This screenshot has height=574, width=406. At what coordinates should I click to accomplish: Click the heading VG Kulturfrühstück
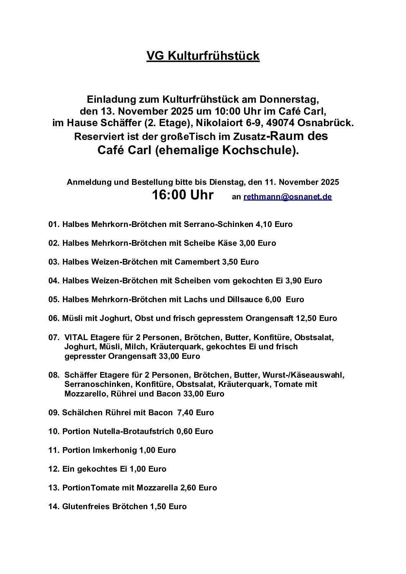point(203,56)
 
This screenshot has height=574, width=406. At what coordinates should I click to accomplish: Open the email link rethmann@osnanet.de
point(287,197)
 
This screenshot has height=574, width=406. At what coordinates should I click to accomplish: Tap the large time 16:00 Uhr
point(182,195)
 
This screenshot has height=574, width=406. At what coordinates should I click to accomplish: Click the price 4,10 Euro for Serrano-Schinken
point(274,224)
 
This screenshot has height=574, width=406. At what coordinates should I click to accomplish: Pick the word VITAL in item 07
point(76,338)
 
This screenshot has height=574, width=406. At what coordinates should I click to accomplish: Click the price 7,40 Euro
point(195,413)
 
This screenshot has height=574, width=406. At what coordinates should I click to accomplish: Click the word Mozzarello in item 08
point(86,394)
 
